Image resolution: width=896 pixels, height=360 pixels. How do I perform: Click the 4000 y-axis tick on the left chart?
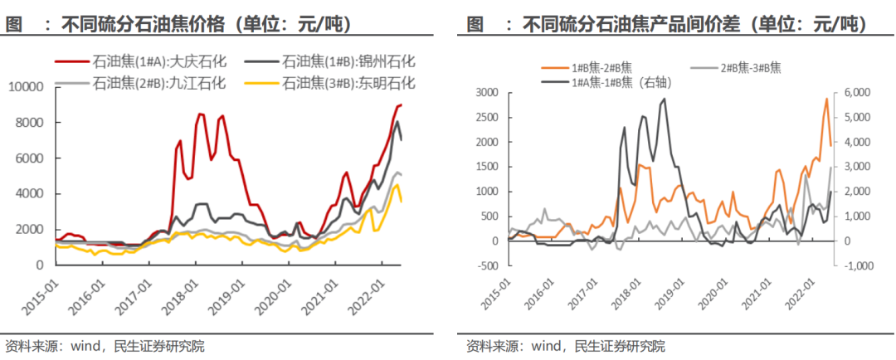pos(35,194)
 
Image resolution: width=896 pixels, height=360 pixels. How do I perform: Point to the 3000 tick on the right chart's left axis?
pos(489,92)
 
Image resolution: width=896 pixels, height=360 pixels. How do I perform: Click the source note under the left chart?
pos(105,346)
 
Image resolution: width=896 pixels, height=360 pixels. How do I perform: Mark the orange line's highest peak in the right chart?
pos(826,99)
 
